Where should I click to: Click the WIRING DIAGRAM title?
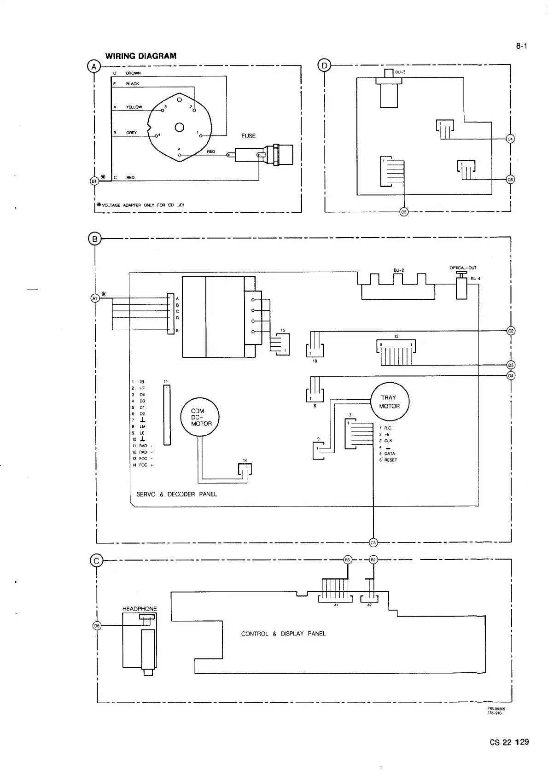tap(140, 56)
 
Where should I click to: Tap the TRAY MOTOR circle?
tap(390, 402)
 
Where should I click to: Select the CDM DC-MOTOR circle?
tap(199, 417)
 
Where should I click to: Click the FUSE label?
tap(248, 136)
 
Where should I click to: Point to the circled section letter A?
tap(94, 66)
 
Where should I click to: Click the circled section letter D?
tap(324, 66)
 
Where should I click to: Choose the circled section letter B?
tap(94, 239)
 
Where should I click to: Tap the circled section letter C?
tap(96, 560)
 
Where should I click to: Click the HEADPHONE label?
tap(140, 609)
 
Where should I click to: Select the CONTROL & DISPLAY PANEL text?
tap(283, 634)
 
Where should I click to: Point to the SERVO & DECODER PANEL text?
tap(176, 494)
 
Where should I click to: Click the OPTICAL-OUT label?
tap(463, 268)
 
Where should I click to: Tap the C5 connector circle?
tap(373, 542)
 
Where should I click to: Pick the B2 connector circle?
tap(373, 559)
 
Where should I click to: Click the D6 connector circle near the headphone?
tap(97, 625)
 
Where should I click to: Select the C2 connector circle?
tap(510, 331)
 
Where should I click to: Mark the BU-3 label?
tap(399, 72)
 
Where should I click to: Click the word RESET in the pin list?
tap(391, 460)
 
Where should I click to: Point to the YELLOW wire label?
tap(134, 107)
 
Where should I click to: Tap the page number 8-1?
tap(521, 46)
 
